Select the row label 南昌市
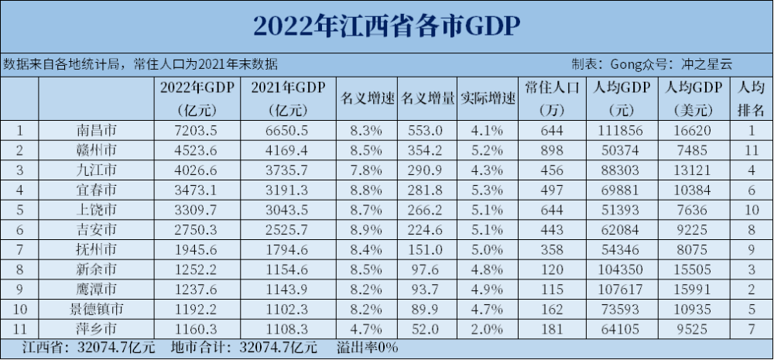pyautogui.click(x=96, y=130)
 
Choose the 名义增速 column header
pyautogui.click(x=367, y=98)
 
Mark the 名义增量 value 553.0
pyautogui.click(x=426, y=130)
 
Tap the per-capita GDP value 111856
pyautogui.click(x=622, y=130)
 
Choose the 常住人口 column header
pyautogui.click(x=552, y=87)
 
